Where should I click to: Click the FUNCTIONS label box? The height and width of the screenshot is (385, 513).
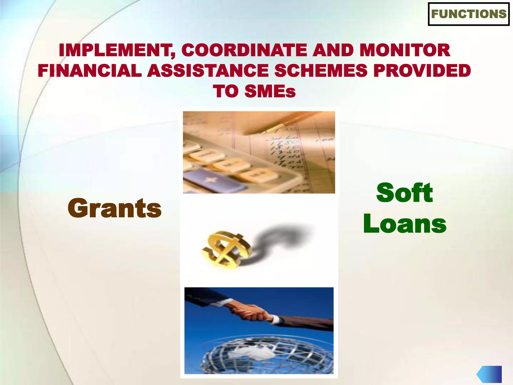coord(469,14)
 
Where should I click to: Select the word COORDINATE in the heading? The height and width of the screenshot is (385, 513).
coord(246,50)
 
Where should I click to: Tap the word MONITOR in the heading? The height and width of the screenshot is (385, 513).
coord(405,50)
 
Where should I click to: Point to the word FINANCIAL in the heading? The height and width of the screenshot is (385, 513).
coord(90,70)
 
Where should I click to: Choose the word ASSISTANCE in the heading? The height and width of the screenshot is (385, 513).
coord(208,70)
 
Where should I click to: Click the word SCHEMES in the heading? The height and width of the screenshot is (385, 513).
coord(321,70)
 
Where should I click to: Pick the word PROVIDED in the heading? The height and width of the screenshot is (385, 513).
coord(422,70)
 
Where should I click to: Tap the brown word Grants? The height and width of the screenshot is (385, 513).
coord(114,208)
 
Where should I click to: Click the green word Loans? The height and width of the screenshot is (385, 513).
coord(405,224)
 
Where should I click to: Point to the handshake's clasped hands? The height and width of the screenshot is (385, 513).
coord(250,312)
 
